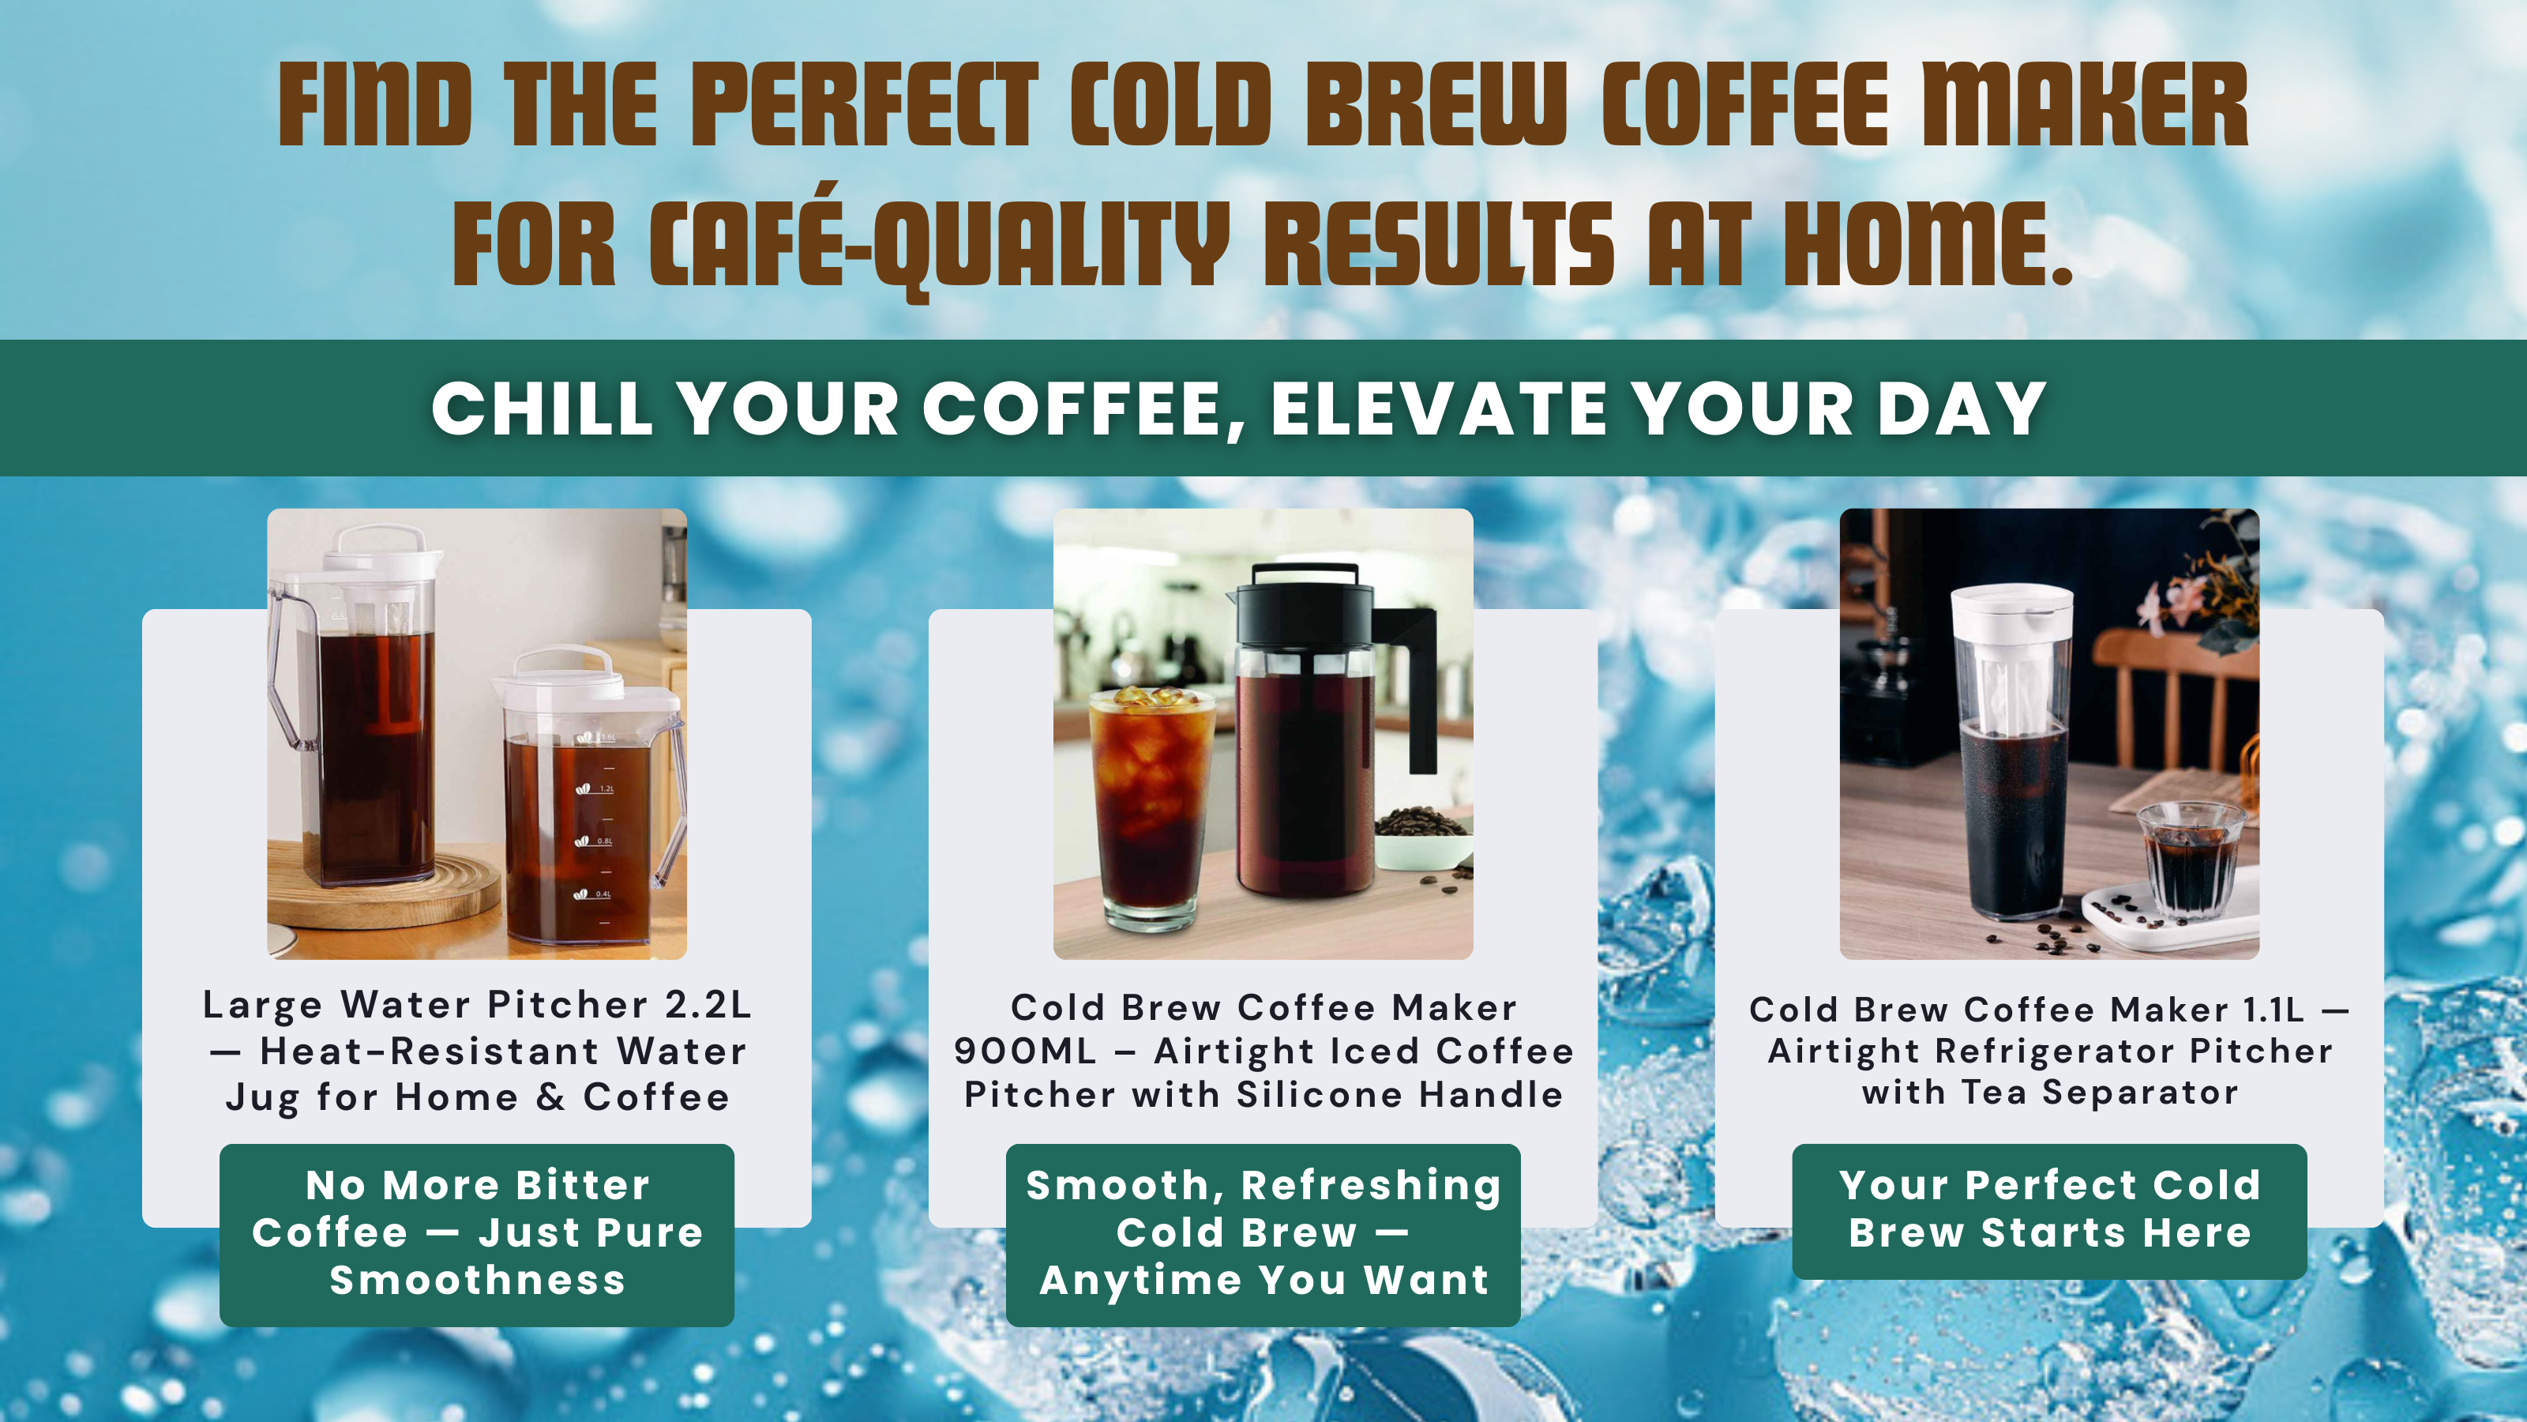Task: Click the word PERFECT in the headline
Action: pos(864,105)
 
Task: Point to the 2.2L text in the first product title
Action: pos(708,1004)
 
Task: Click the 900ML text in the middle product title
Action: pos(1024,1051)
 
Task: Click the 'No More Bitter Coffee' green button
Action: pos(477,1235)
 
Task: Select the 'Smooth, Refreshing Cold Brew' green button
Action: pos(1263,1235)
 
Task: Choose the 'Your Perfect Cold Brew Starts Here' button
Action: pos(2049,1211)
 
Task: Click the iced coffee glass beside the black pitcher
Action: pos(1151,807)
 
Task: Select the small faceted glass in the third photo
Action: pos(2191,859)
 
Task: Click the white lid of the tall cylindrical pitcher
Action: pos(2011,612)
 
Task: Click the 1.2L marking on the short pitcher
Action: pos(606,788)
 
